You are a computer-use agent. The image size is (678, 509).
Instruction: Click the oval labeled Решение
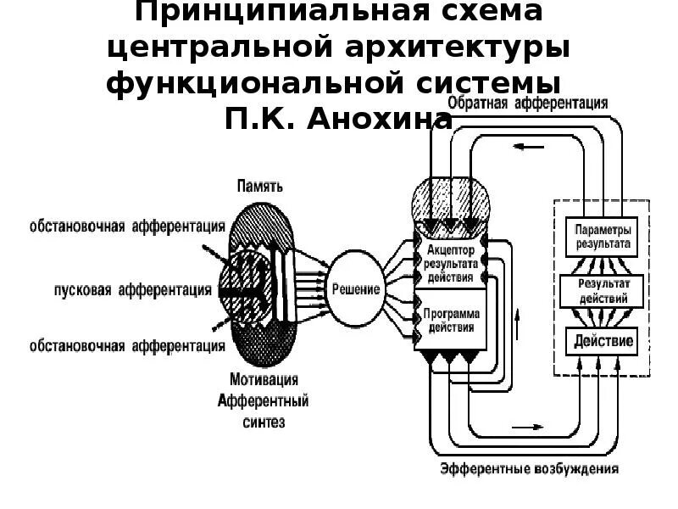[357, 289]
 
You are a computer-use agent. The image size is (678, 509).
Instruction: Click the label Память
[260, 186]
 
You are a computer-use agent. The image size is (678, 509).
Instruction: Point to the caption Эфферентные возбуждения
[529, 468]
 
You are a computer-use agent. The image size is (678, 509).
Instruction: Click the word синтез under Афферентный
[263, 421]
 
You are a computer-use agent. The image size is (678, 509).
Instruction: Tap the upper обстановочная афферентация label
[128, 226]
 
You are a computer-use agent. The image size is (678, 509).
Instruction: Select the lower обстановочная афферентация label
[128, 345]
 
